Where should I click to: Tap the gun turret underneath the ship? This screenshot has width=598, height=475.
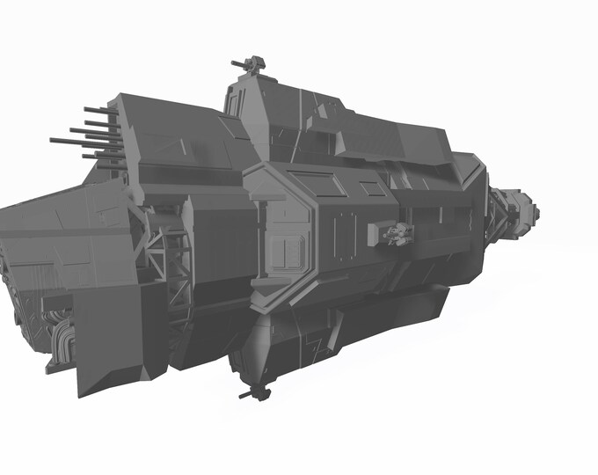[x=255, y=392]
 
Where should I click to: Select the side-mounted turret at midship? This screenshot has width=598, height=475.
[x=397, y=233]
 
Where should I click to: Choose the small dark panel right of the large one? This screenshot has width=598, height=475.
[x=372, y=188]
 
